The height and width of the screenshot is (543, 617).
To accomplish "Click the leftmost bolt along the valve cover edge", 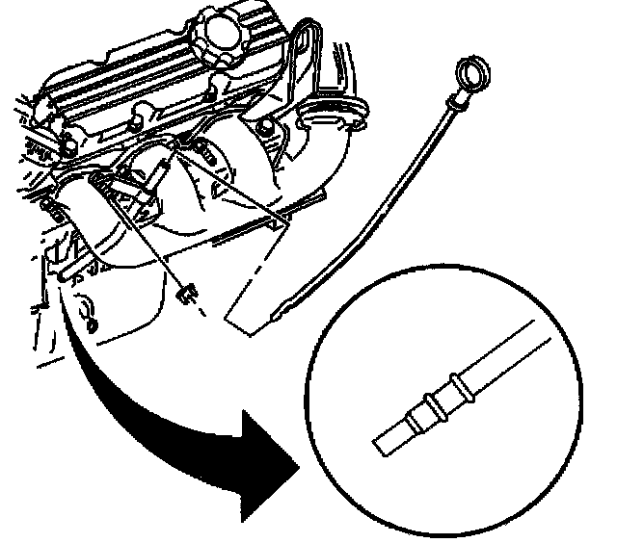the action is point(69,147).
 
